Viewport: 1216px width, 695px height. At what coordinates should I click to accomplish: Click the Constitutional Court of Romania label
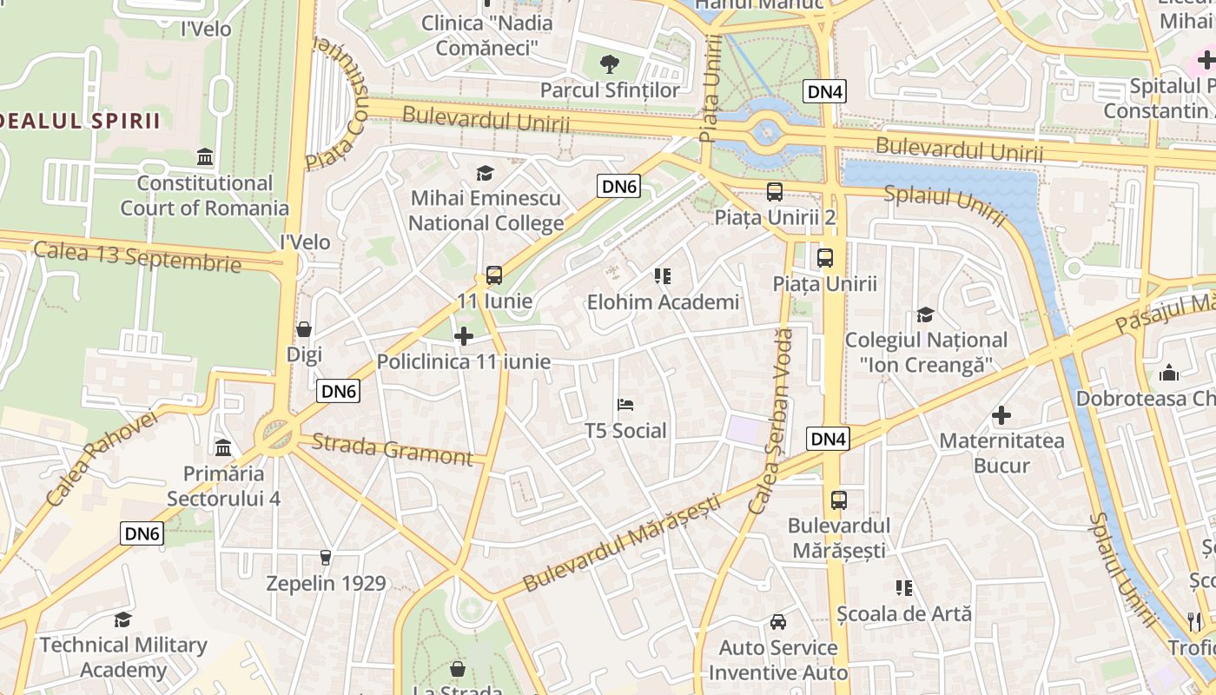(204, 195)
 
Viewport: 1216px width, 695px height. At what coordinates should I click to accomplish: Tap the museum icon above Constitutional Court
(205, 156)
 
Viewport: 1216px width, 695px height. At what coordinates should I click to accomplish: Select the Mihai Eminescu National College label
(486, 211)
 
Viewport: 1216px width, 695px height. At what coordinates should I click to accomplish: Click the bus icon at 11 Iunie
(493, 275)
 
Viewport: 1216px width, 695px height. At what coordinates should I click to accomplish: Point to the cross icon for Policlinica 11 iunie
(464, 335)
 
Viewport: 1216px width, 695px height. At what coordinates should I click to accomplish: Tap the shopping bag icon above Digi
(304, 329)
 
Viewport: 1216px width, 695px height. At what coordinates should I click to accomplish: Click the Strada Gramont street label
(391, 449)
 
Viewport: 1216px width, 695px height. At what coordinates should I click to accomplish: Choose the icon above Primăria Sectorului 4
(223, 447)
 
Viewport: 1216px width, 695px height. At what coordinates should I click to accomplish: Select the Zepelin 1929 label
(326, 583)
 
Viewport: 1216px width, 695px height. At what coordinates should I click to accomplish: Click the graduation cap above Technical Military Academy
(122, 619)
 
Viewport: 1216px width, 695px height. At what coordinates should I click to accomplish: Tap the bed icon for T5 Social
(625, 404)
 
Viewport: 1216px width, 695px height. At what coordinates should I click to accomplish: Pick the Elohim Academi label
(663, 302)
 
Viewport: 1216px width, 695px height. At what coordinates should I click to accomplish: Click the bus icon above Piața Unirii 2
(774, 192)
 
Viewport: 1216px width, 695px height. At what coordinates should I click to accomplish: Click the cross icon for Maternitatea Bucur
(1001, 415)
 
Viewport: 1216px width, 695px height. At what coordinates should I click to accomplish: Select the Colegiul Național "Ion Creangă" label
(926, 352)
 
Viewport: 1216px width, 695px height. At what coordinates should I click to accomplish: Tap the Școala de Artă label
(904, 613)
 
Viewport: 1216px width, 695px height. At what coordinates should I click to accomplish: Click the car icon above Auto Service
(778, 622)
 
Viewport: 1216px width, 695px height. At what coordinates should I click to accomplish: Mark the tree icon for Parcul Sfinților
(611, 63)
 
